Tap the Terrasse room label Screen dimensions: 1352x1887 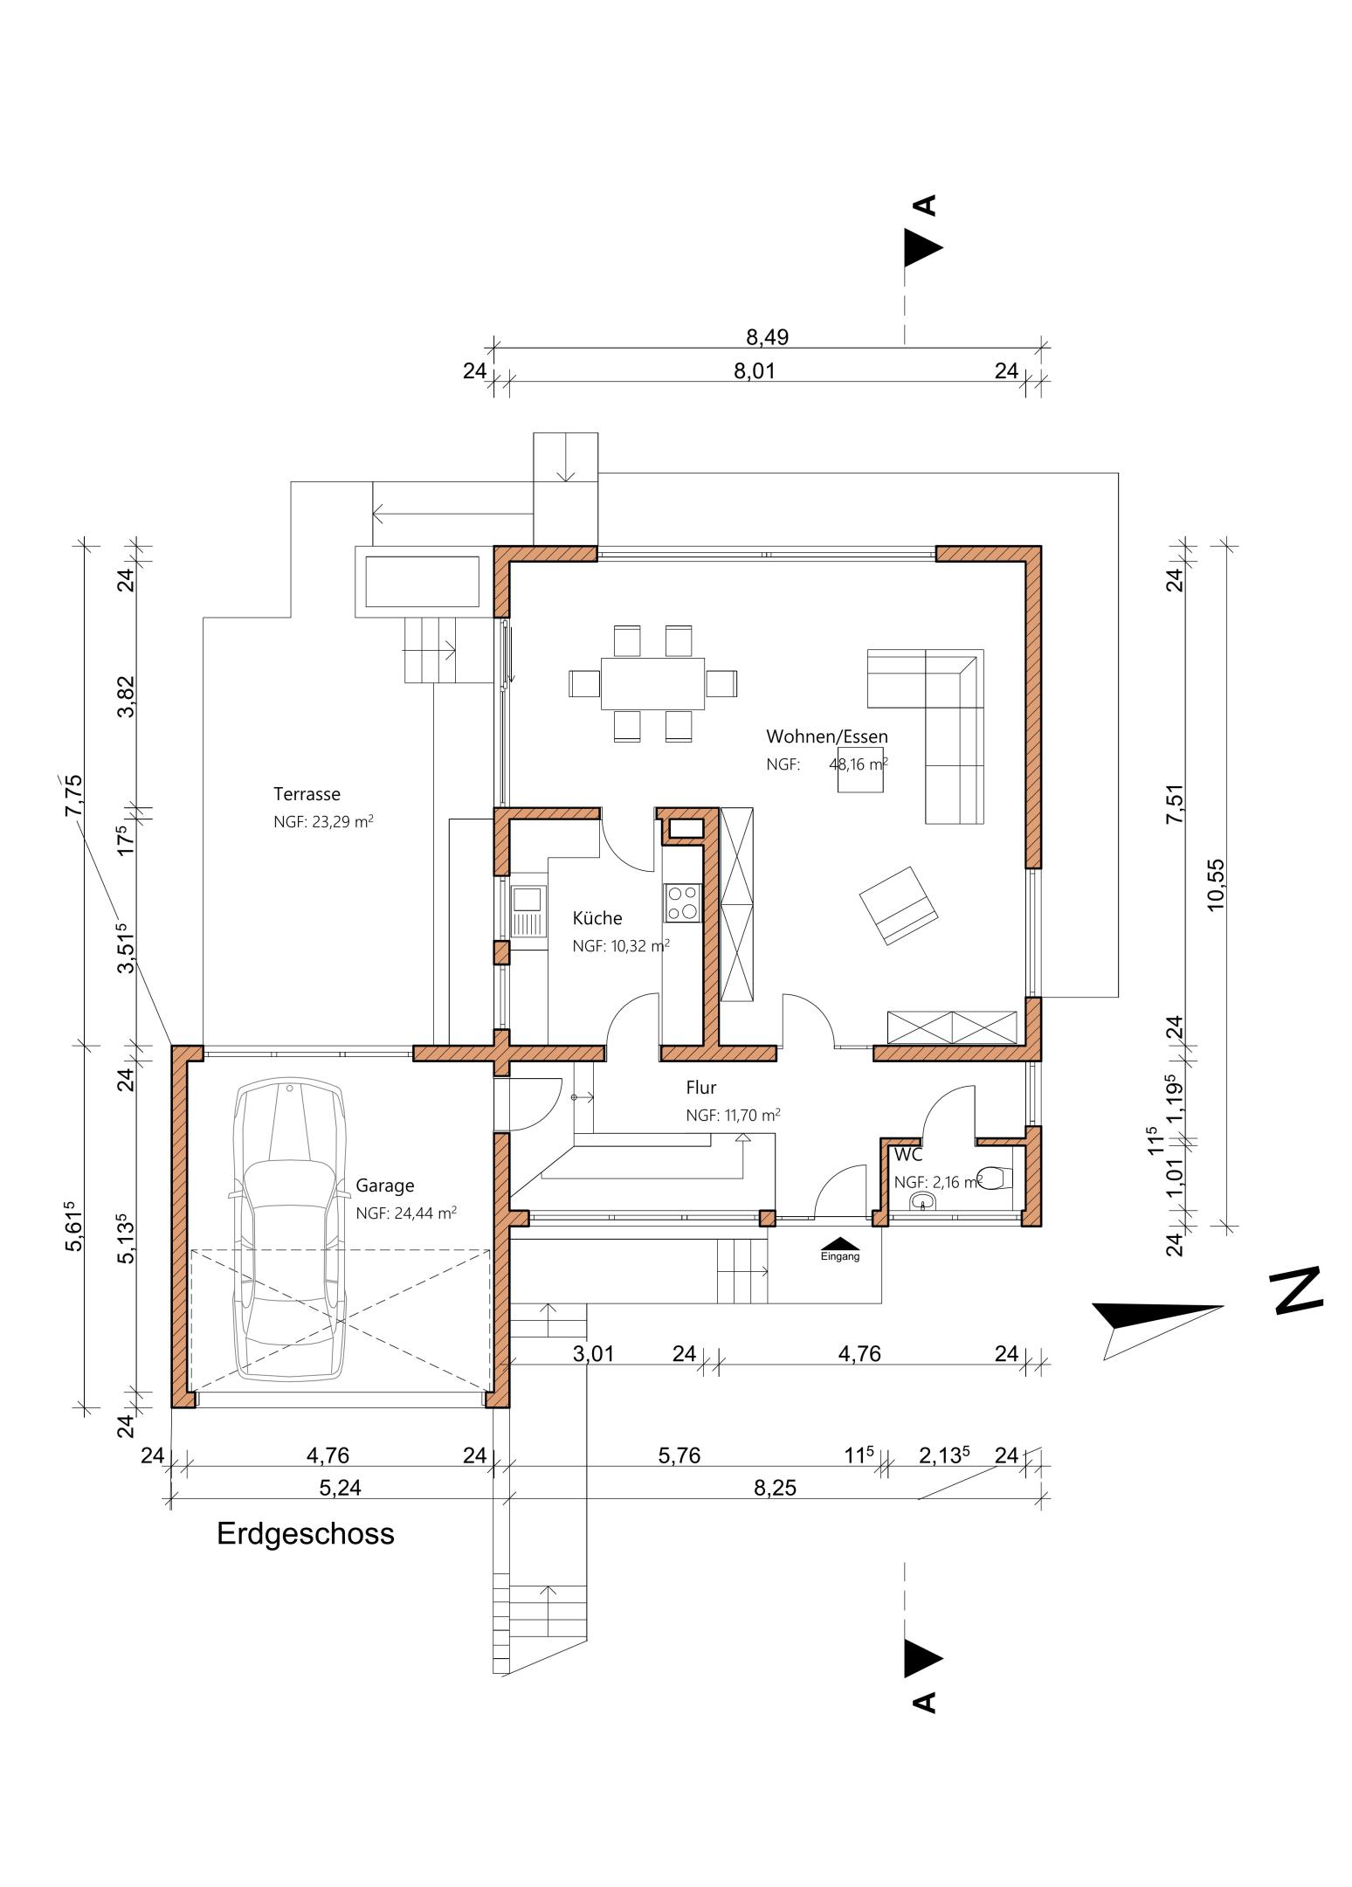click(307, 794)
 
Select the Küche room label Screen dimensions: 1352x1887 click(597, 918)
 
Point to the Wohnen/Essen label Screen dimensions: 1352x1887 click(826, 736)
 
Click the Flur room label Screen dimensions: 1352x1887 click(701, 1088)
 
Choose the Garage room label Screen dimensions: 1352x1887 click(385, 1185)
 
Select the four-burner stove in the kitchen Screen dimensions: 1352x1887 click(682, 902)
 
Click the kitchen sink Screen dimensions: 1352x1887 click(528, 912)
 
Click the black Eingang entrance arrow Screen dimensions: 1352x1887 click(840, 1243)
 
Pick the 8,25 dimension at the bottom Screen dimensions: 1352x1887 click(775, 1488)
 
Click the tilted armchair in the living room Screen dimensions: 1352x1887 click(898, 905)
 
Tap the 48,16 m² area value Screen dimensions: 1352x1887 click(858, 764)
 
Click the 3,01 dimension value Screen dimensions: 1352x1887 click(593, 1354)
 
